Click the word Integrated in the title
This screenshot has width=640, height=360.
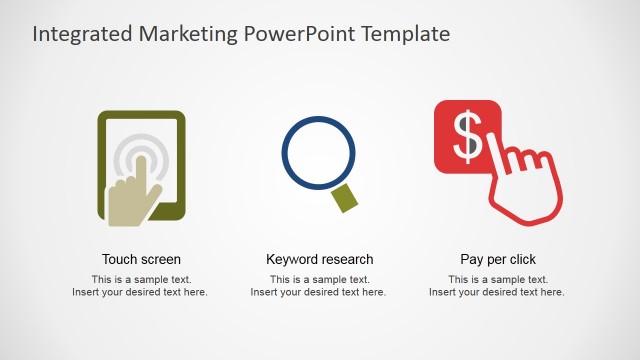click(79, 34)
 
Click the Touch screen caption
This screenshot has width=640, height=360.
click(141, 259)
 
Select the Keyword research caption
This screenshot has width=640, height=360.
click(319, 259)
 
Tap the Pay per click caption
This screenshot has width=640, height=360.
click(498, 259)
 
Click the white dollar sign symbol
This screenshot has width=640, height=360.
click(467, 137)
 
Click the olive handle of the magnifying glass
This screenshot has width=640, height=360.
click(345, 198)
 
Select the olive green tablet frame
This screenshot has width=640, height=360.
click(103, 165)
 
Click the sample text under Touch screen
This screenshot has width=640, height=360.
click(141, 286)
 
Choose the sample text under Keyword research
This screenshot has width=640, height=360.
click(319, 286)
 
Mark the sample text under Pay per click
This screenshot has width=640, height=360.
click(498, 286)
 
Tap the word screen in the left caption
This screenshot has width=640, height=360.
click(160, 259)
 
